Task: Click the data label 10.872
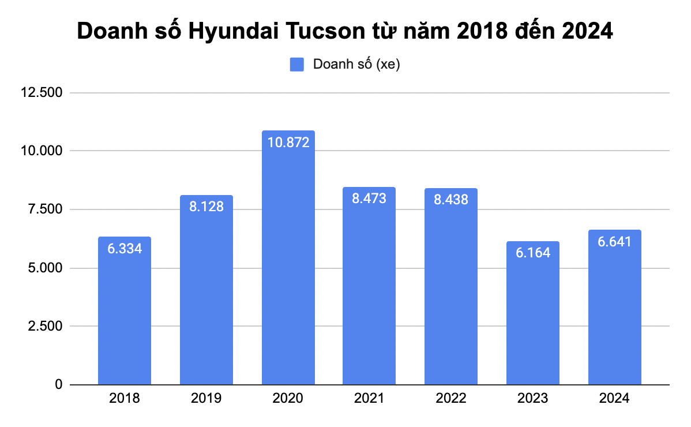(288, 142)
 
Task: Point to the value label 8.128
(206, 206)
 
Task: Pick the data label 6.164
(532, 252)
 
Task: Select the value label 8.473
(369, 198)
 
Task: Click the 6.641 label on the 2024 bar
(614, 241)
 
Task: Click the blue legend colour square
(296, 64)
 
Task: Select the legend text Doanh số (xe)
(356, 64)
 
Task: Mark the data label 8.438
(450, 200)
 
